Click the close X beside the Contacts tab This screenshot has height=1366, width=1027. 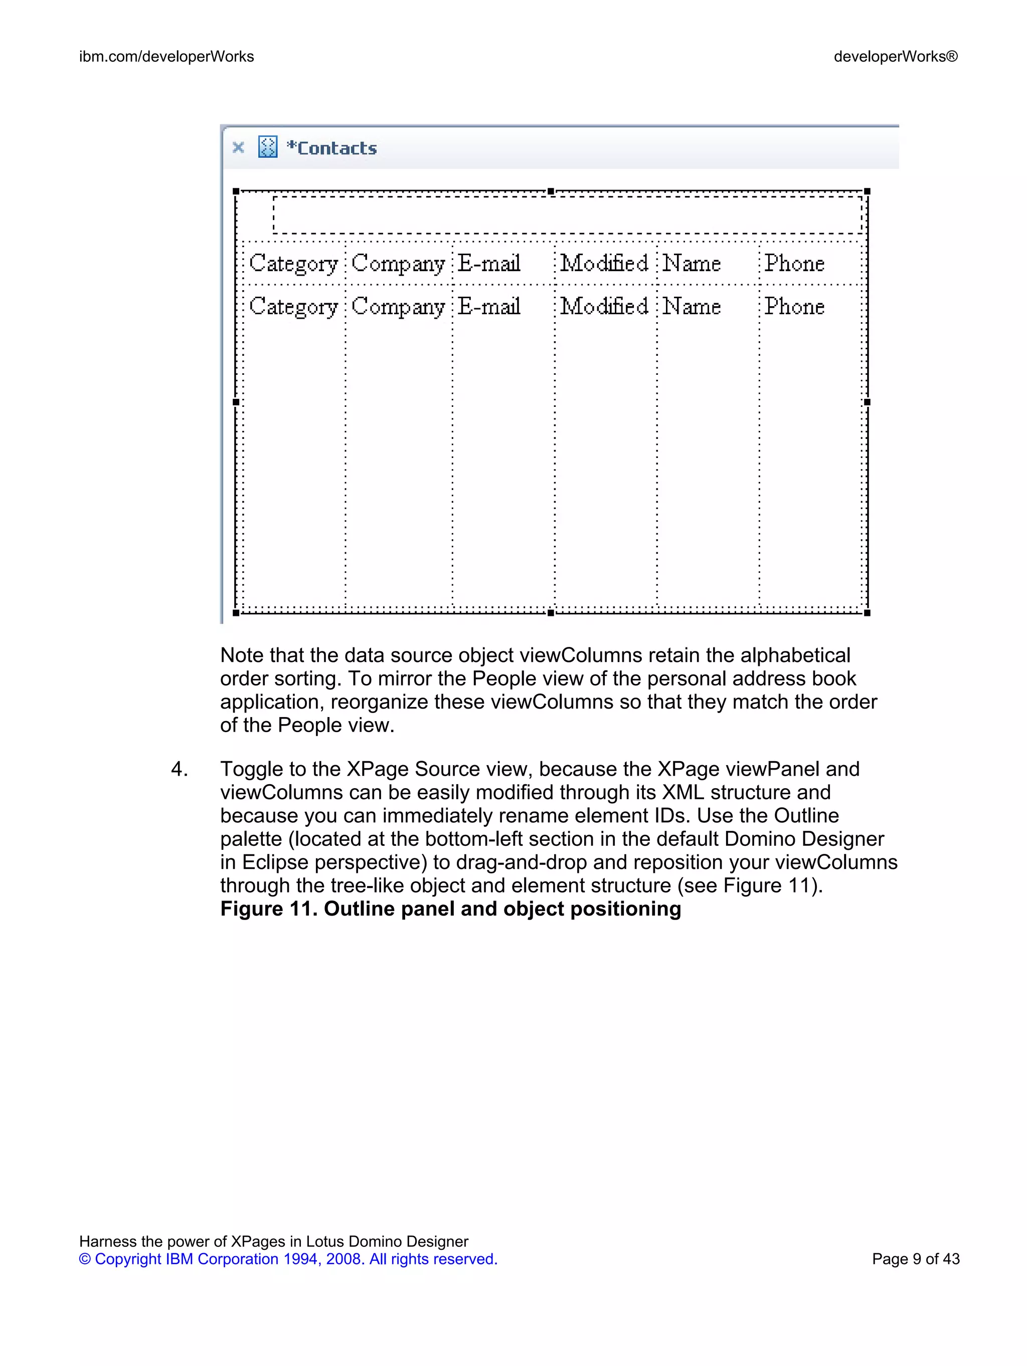click(238, 148)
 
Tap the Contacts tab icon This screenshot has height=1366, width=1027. click(268, 147)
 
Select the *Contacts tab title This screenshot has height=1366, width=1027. click(332, 148)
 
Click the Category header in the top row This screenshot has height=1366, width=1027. click(293, 264)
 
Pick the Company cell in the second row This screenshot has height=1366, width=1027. click(398, 307)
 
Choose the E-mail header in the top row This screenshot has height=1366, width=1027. click(489, 264)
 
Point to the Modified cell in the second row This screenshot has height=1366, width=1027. click(604, 306)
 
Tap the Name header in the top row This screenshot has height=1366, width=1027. click(692, 264)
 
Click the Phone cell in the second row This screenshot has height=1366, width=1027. click(794, 306)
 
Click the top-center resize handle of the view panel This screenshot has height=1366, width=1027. click(551, 191)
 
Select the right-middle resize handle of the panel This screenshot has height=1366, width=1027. click(867, 402)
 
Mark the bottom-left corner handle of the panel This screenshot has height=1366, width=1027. click(235, 613)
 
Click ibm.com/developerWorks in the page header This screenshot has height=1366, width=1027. click(167, 57)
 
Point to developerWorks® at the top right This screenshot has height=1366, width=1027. click(896, 57)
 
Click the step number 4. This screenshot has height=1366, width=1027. click(179, 770)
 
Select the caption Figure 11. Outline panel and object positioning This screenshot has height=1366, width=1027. click(450, 909)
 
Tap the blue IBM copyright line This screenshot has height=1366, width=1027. click(288, 1259)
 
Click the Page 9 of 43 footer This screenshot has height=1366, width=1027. click(915, 1259)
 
